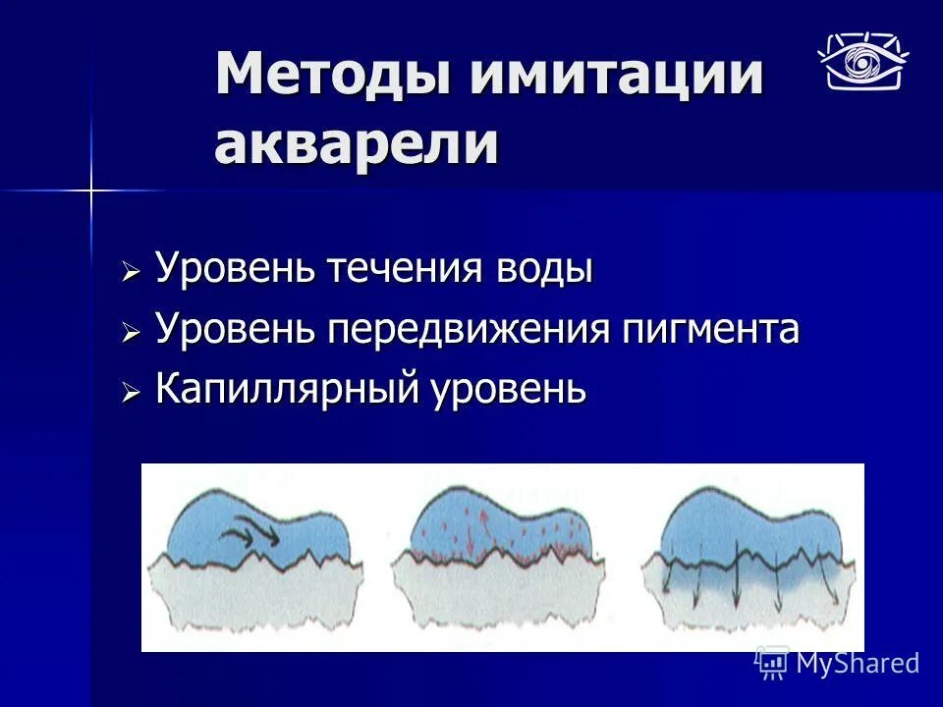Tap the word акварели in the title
(x=356, y=144)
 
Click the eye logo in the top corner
(x=863, y=61)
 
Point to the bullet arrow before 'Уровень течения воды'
(x=132, y=272)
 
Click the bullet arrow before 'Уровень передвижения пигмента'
(x=132, y=333)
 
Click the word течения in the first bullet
(x=405, y=268)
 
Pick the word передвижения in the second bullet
(x=467, y=329)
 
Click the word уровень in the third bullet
(x=511, y=391)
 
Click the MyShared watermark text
(x=857, y=664)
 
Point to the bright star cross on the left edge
(x=90, y=190)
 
